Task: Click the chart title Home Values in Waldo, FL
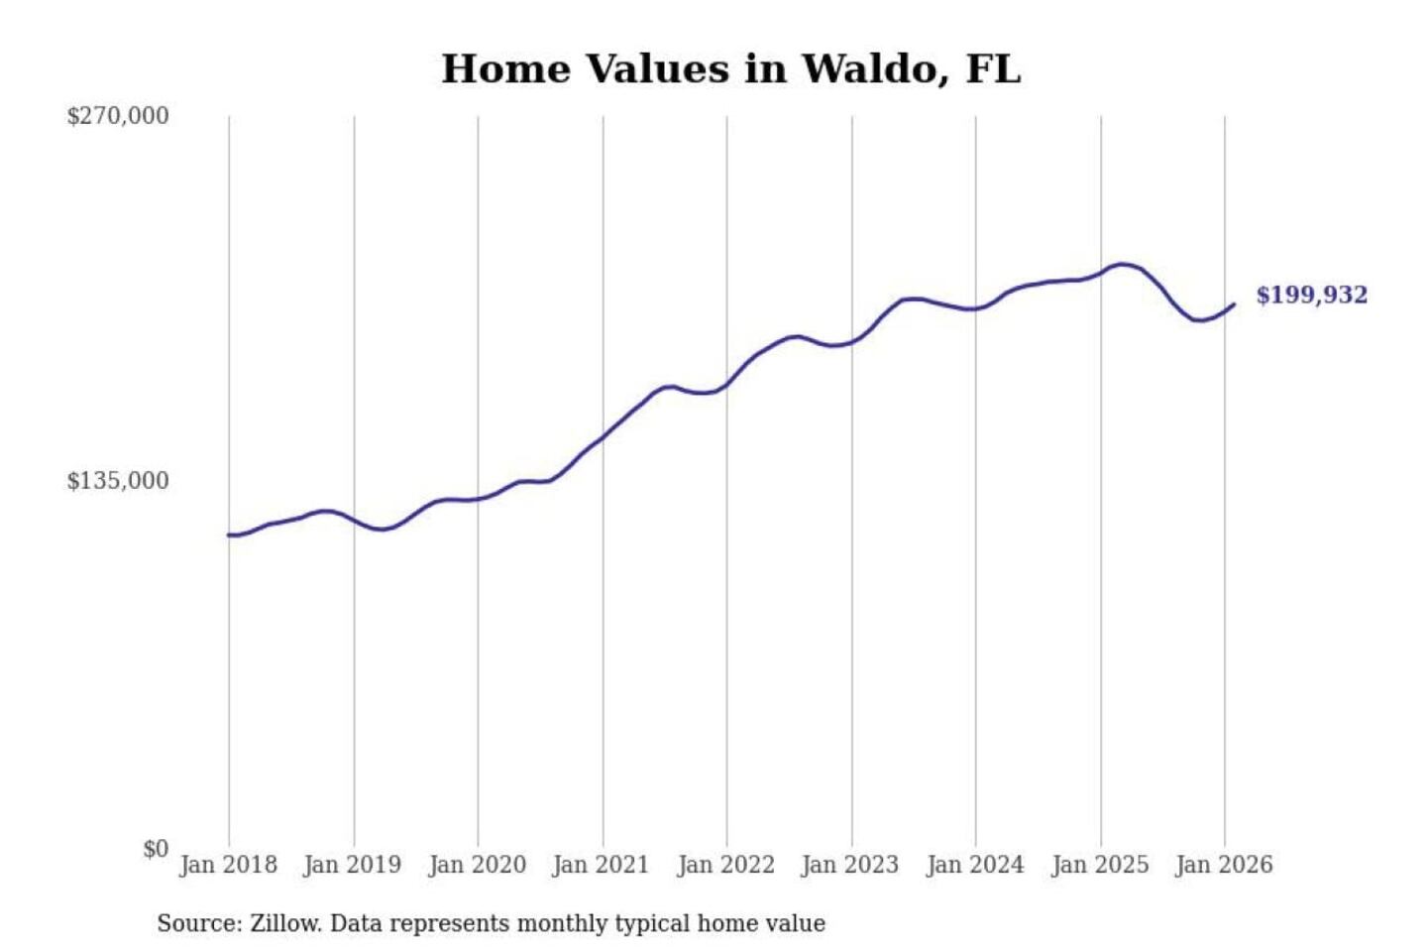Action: (730, 69)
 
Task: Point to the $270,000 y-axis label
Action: (118, 116)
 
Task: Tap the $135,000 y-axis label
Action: (118, 481)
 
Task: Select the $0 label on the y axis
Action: (156, 849)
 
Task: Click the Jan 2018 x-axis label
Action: (228, 865)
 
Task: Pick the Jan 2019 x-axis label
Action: (353, 865)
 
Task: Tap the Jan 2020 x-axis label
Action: (477, 865)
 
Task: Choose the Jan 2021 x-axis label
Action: (601, 865)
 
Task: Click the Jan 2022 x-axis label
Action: (725, 865)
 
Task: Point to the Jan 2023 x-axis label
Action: (849, 865)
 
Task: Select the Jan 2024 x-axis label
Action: (974, 865)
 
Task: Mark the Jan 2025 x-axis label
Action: (1099, 865)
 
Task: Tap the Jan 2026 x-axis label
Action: (1223, 865)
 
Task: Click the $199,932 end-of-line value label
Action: (1311, 296)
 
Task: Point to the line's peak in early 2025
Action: (1122, 264)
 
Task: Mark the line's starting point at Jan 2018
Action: (229, 535)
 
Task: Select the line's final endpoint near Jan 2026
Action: (1234, 304)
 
